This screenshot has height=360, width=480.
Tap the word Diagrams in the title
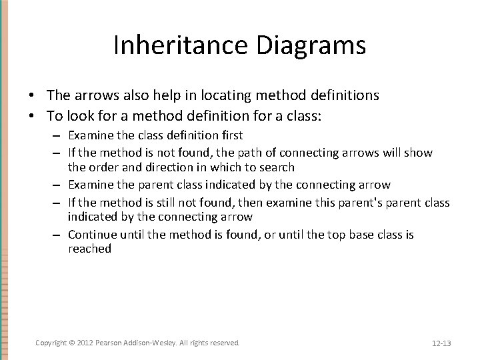[x=315, y=45]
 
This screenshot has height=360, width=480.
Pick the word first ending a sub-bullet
[x=229, y=135]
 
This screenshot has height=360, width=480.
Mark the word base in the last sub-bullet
[x=357, y=234]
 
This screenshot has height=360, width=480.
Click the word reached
[x=89, y=248]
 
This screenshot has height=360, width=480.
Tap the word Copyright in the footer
[x=51, y=342]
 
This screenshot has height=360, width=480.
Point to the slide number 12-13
[x=441, y=343]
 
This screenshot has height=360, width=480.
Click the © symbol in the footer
[x=73, y=342]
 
